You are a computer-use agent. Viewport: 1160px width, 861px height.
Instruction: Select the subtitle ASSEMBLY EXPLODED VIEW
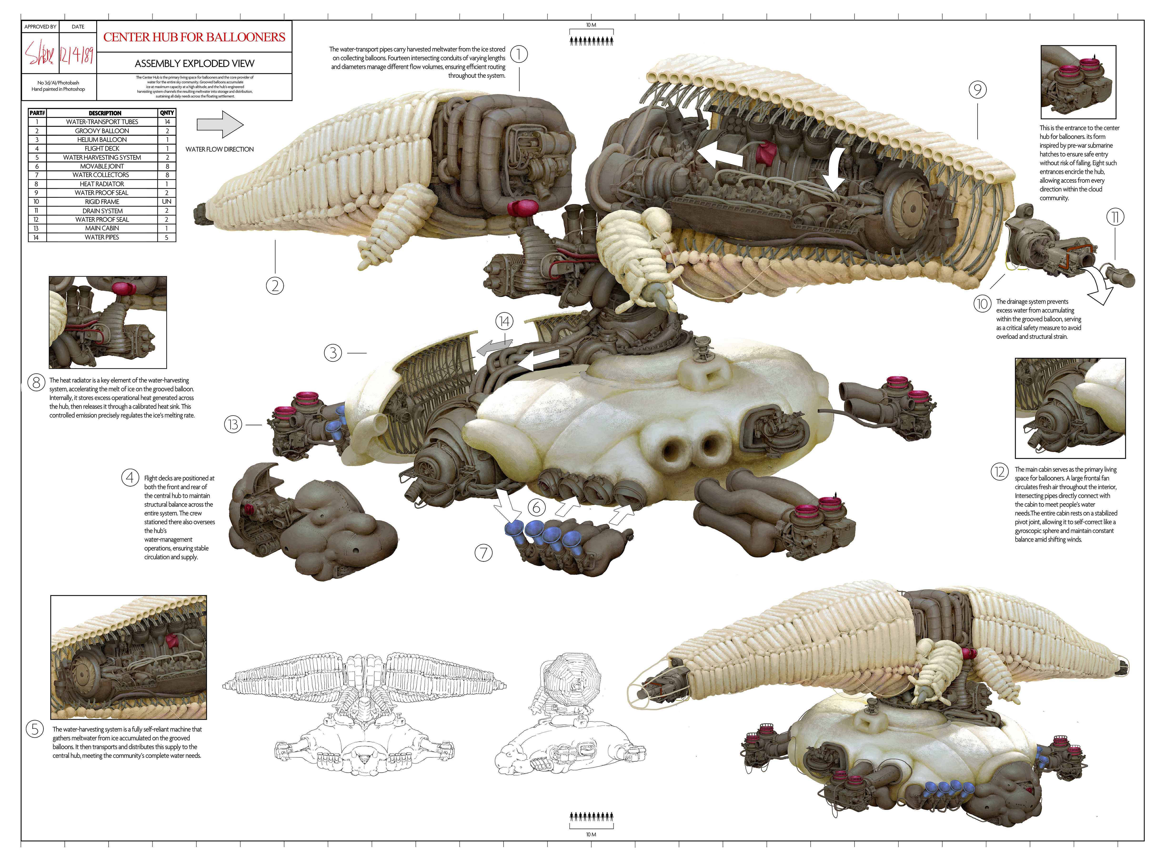tap(194, 64)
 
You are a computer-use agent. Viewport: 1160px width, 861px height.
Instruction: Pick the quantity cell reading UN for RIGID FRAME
tap(167, 202)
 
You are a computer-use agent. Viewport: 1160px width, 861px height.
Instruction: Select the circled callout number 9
tap(978, 90)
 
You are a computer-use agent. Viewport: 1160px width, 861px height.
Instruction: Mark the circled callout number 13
tap(233, 425)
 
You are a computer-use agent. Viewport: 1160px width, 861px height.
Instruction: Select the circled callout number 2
tap(275, 285)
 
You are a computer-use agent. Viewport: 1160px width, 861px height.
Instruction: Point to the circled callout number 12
tap(999, 472)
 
